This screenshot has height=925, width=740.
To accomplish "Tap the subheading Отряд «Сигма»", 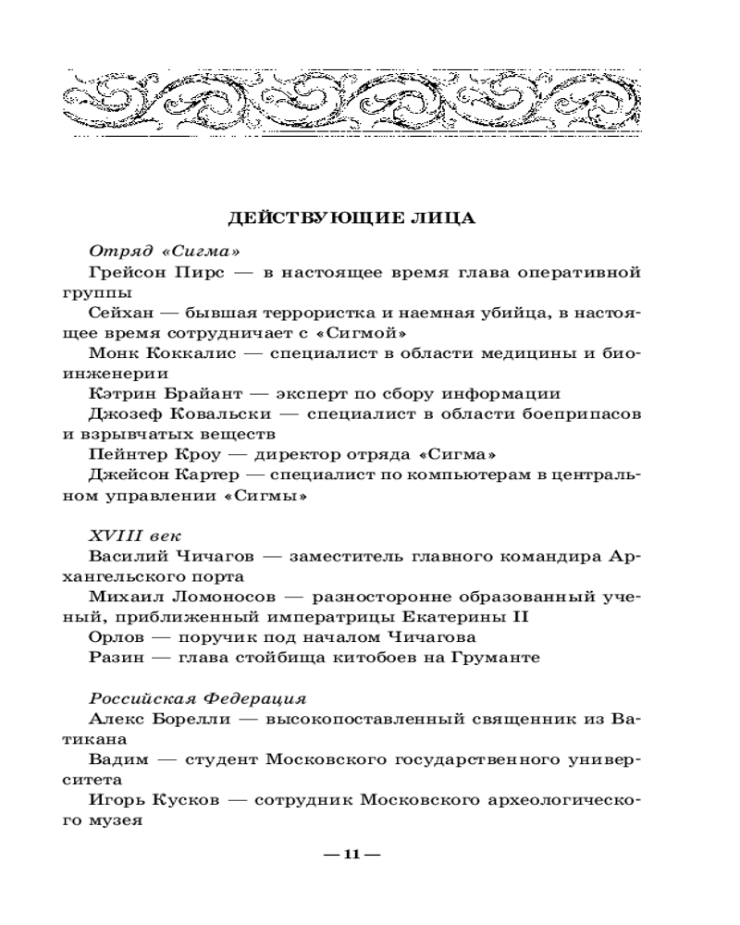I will click(x=153, y=250).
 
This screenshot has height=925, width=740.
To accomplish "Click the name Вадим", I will click(x=119, y=759).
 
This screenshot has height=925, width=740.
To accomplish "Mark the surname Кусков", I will click(x=182, y=799).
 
